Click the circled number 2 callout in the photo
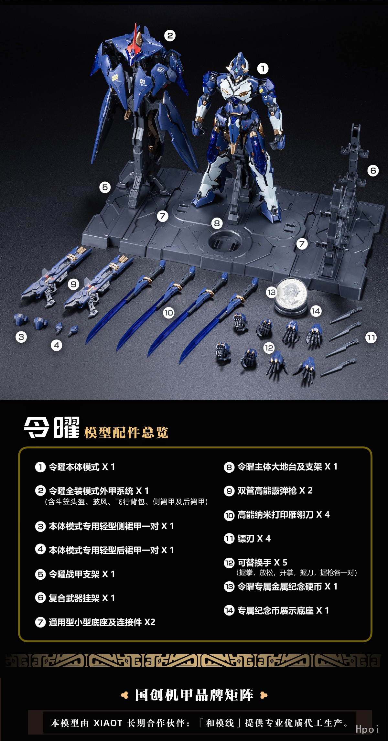pyautogui.click(x=170, y=36)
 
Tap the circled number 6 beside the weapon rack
pyautogui.click(x=373, y=170)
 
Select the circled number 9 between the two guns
pyautogui.click(x=74, y=285)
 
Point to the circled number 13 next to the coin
pyautogui.click(x=271, y=293)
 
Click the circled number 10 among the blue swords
pyautogui.click(x=168, y=313)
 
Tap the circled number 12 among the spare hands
pyautogui.click(x=269, y=348)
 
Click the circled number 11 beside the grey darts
pyautogui.click(x=371, y=338)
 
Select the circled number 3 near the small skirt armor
pyautogui.click(x=21, y=337)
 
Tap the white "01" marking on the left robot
pyautogui.click(x=143, y=81)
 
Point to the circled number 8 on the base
pyautogui.click(x=217, y=223)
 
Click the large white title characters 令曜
pyautogui.click(x=52, y=428)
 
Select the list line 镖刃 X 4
pyautogui.click(x=248, y=538)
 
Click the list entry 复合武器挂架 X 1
pyautogui.click(x=75, y=598)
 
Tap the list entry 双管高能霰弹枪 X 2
pyautogui.click(x=268, y=490)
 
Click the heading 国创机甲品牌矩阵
pyautogui.click(x=194, y=695)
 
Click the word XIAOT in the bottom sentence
pyautogui.click(x=108, y=723)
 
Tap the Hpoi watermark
pyautogui.click(x=367, y=729)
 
